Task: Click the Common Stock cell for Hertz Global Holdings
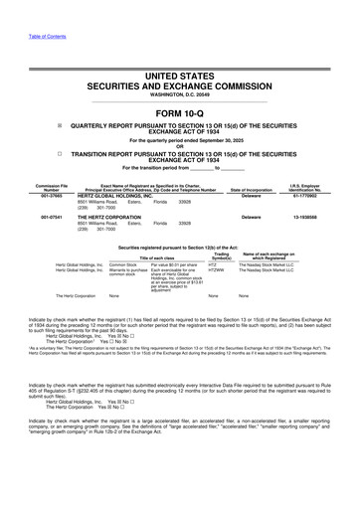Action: [x=124, y=265]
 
